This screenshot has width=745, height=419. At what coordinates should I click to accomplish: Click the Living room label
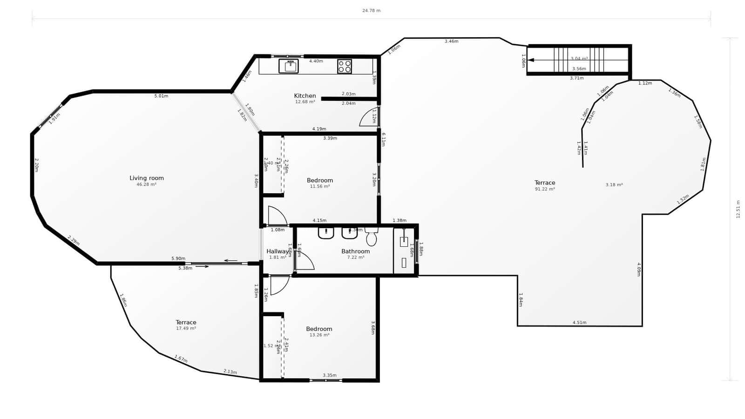pyautogui.click(x=147, y=178)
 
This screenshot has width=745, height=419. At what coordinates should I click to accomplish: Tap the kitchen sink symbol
pyautogui.click(x=289, y=66)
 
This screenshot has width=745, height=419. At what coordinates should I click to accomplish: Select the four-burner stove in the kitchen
pyautogui.click(x=345, y=67)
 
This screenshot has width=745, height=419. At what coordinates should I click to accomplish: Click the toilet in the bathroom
pyautogui.click(x=371, y=238)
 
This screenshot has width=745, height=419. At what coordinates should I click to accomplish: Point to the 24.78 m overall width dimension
pyautogui.click(x=371, y=11)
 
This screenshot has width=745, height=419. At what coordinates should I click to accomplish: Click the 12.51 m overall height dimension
pyautogui.click(x=738, y=209)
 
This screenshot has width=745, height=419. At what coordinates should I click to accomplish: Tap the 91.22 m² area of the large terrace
pyautogui.click(x=545, y=189)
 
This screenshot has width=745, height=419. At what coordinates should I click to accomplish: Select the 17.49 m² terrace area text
pyautogui.click(x=186, y=328)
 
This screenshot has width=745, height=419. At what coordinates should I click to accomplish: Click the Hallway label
pyautogui.click(x=278, y=251)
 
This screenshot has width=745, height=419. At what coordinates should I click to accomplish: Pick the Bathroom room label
pyautogui.click(x=355, y=251)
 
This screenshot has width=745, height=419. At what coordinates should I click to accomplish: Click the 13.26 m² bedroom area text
pyautogui.click(x=319, y=335)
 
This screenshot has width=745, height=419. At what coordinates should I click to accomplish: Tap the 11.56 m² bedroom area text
pyautogui.click(x=320, y=186)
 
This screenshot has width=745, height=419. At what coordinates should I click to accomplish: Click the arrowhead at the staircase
pyautogui.click(x=531, y=60)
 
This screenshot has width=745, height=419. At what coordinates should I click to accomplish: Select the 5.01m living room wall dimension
pyautogui.click(x=161, y=96)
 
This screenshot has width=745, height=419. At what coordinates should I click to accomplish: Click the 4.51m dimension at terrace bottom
pyautogui.click(x=579, y=323)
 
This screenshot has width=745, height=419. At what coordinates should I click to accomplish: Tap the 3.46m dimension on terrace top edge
pyautogui.click(x=451, y=41)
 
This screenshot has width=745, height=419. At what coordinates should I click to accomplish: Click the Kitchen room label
pyautogui.click(x=305, y=96)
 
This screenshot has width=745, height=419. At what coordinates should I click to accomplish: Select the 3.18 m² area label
pyautogui.click(x=614, y=185)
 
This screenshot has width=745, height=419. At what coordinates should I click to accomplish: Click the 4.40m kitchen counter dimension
pyautogui.click(x=316, y=61)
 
